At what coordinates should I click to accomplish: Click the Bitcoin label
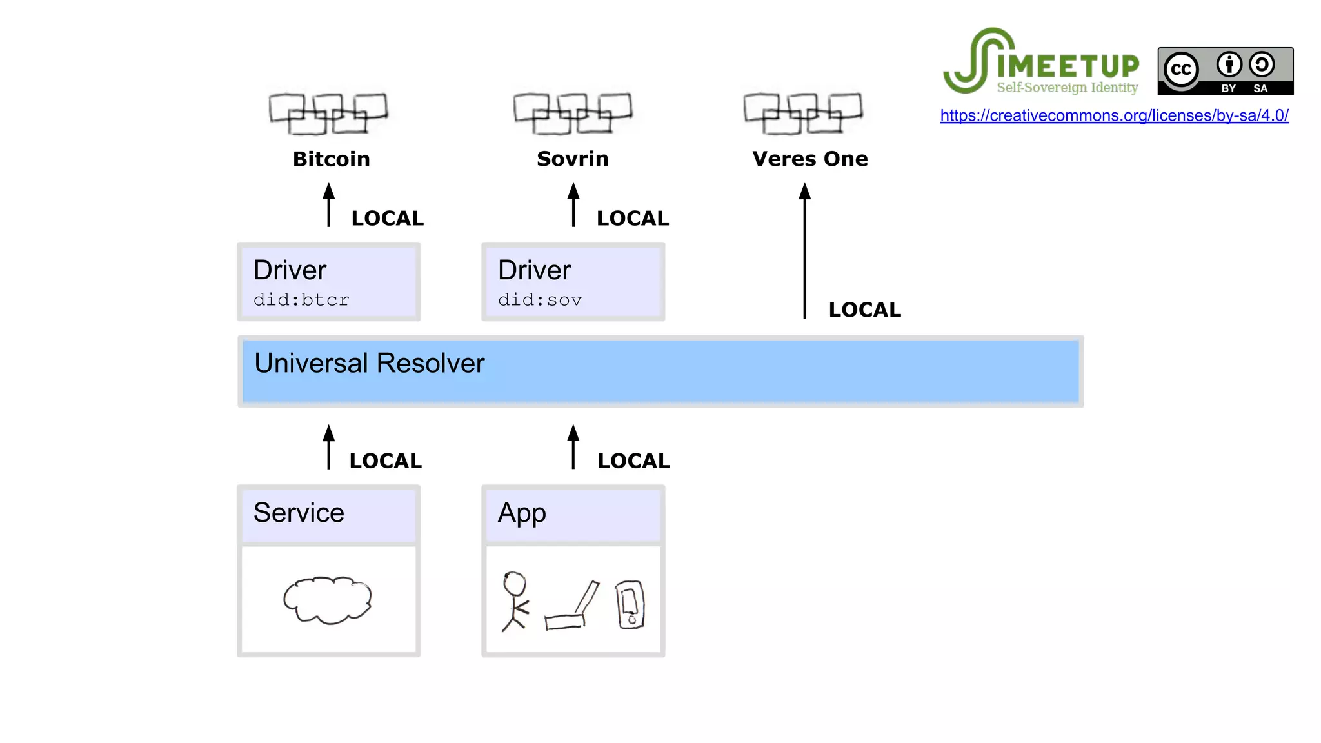point(331,159)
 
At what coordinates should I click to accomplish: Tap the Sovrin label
point(572,159)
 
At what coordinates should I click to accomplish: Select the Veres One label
point(809,159)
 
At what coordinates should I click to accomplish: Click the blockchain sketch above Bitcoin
point(328,114)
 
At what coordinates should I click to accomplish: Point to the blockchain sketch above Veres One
point(802,113)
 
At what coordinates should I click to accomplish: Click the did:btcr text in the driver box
point(301,300)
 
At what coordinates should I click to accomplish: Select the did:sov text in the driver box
point(540,300)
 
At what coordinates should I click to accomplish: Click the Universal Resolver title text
point(369,363)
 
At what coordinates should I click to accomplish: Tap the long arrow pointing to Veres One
point(804,252)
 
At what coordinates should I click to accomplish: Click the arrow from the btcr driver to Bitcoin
point(328,205)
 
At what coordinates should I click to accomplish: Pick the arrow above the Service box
point(328,447)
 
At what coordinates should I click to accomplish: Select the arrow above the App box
point(573,447)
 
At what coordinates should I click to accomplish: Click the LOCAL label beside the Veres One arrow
point(864,310)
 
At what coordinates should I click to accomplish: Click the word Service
point(299,513)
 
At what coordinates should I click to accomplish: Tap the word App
point(522,513)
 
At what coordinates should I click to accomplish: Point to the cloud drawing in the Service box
point(328,600)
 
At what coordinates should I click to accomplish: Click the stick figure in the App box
point(515,600)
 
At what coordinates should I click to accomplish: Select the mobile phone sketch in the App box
point(630,604)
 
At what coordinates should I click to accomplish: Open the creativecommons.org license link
point(1114,115)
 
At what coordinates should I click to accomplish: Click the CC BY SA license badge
point(1225,71)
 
